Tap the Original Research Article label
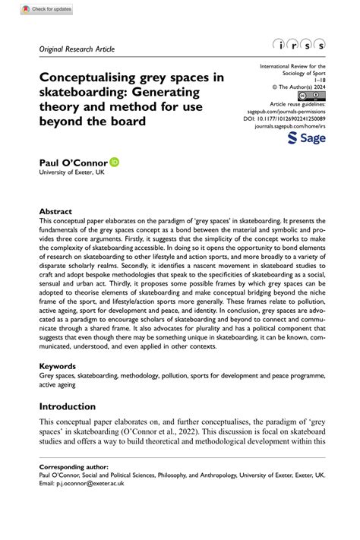click(x=77, y=49)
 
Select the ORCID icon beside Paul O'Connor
click(x=115, y=162)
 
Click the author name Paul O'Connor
click(x=73, y=163)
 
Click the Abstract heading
click(x=55, y=211)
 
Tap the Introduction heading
click(x=68, y=406)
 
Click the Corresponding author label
click(x=74, y=466)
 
